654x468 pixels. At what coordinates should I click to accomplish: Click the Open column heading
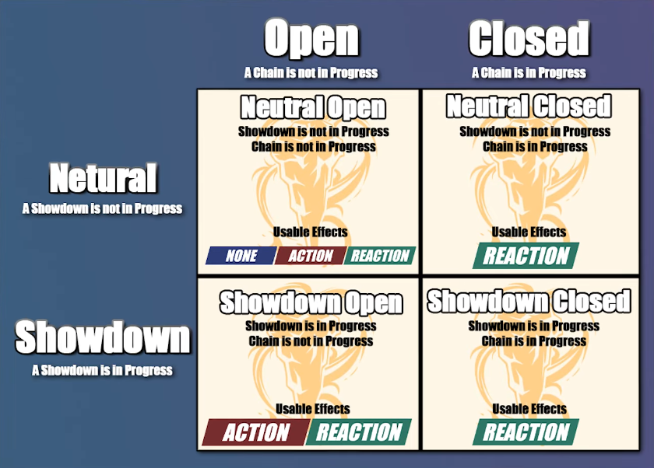(x=311, y=39)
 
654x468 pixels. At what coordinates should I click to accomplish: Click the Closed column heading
(x=529, y=39)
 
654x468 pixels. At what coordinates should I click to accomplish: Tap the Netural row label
(x=103, y=178)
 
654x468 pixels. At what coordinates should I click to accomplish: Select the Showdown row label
(x=102, y=338)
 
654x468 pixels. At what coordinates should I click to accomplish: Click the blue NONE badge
(x=241, y=256)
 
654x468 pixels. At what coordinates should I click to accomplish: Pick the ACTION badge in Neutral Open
(x=311, y=256)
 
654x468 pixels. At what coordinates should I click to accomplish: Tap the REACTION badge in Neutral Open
(x=380, y=256)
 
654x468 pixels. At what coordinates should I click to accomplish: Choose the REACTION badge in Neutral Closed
(x=526, y=256)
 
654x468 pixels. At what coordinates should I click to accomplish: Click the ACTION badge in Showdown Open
(x=255, y=432)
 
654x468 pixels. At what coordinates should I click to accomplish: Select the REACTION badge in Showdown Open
(x=359, y=432)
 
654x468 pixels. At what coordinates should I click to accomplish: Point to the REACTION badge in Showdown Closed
(x=526, y=432)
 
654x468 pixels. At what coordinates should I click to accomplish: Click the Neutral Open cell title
(x=312, y=107)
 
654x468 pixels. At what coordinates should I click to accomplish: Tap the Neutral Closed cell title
(x=529, y=106)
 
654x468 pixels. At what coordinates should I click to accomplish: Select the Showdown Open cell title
(x=311, y=302)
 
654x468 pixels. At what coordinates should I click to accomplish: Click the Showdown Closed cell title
(x=529, y=301)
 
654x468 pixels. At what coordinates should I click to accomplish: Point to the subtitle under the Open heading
(x=311, y=73)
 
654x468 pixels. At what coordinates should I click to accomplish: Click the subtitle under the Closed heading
(x=529, y=73)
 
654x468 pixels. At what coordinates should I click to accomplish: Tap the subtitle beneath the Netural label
(x=102, y=208)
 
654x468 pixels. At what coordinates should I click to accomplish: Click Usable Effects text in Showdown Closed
(x=529, y=409)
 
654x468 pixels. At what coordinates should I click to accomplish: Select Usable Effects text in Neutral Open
(x=311, y=232)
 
